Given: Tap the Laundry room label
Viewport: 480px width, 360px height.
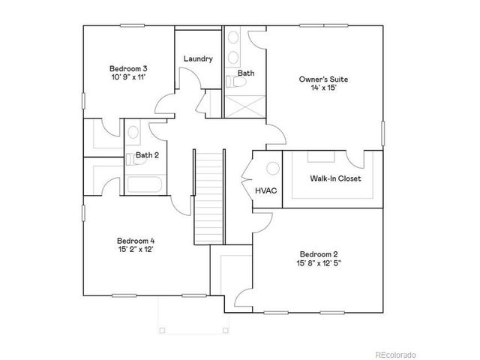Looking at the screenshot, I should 198,58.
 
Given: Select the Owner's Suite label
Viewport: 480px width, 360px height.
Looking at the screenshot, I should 323,79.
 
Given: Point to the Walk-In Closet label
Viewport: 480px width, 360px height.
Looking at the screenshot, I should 335,178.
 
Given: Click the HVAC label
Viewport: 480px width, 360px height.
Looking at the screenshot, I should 266,190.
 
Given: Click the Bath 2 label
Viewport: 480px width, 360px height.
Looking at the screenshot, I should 147,156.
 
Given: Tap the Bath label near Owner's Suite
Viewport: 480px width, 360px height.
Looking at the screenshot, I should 246,73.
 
